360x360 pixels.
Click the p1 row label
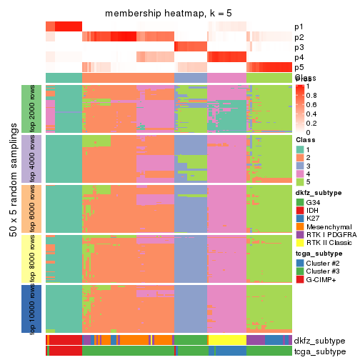tap(299, 27)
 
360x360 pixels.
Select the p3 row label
tap(299, 47)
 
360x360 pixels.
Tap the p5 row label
tap(299, 67)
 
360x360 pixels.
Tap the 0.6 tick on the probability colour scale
tap(309, 104)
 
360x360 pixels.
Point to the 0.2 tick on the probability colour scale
tap(309, 123)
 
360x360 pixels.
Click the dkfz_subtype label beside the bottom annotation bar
tap(320, 340)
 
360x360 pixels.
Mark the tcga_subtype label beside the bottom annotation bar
tap(320, 351)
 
